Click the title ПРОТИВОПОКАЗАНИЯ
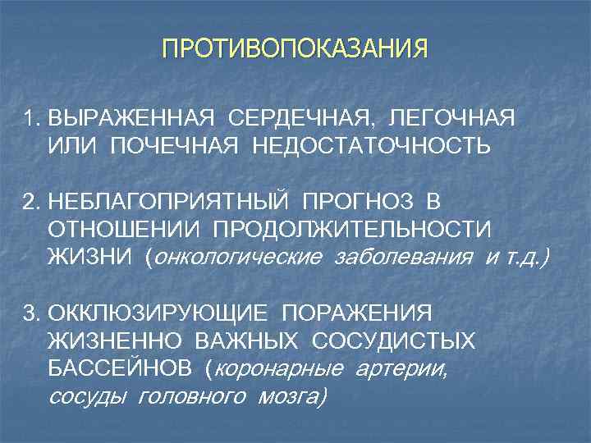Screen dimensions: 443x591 295,48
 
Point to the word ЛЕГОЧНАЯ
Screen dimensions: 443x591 453,119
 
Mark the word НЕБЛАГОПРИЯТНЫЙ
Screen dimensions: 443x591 167,203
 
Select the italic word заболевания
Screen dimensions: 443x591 403,258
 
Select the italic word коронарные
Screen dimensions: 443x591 279,369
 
